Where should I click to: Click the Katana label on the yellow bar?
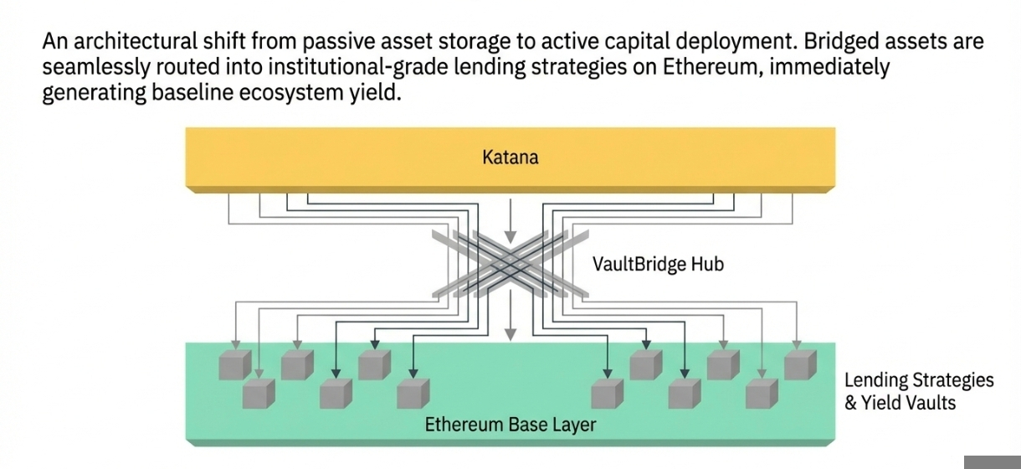tap(510, 157)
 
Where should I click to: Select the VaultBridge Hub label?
tap(658, 265)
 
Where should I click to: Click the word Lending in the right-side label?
tap(875, 380)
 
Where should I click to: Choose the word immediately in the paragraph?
tap(829, 67)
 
